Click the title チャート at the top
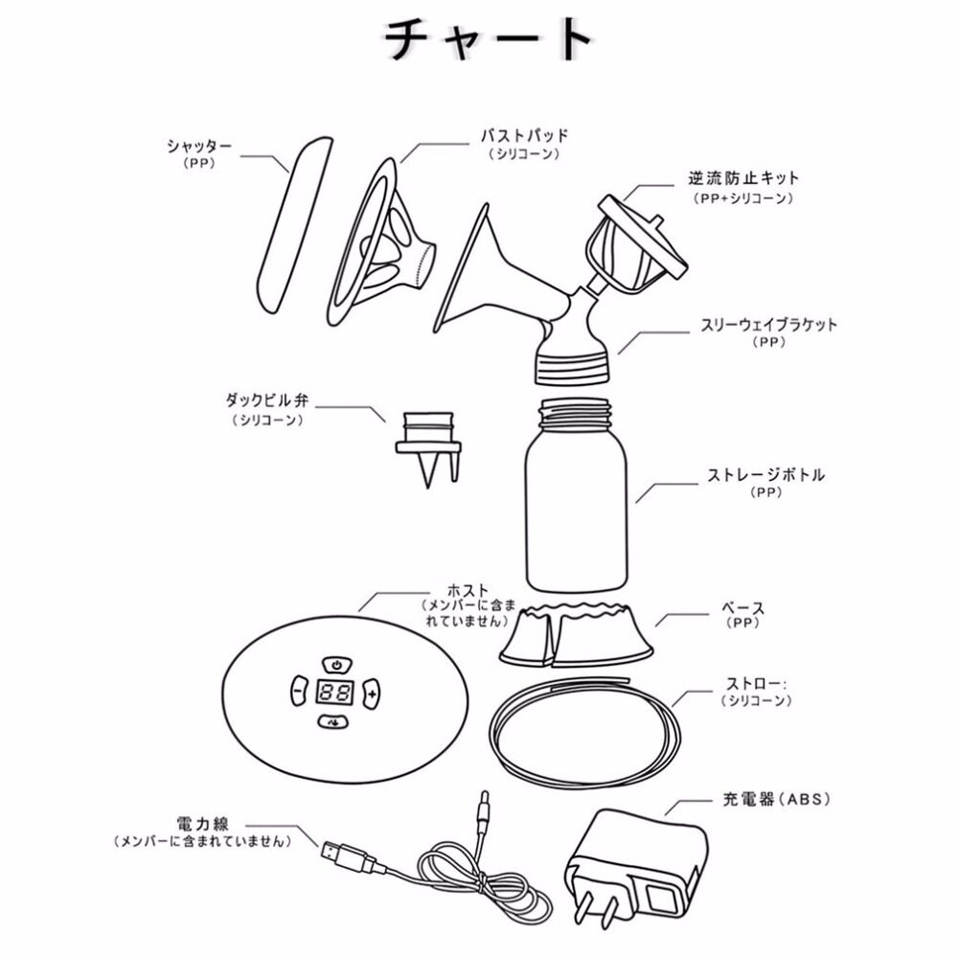[488, 40]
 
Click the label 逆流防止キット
[743, 179]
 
